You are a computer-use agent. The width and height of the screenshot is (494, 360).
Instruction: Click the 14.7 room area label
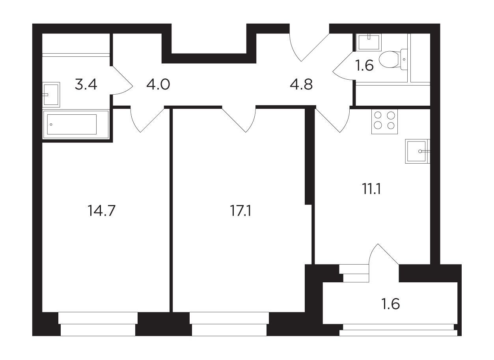click(101, 211)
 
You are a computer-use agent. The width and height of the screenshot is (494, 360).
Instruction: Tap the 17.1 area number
click(240, 211)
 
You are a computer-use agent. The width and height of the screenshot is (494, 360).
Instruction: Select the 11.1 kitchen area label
click(372, 189)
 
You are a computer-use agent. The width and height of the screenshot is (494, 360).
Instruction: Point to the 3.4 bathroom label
click(86, 84)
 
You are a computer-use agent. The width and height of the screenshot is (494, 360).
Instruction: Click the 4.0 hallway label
click(158, 84)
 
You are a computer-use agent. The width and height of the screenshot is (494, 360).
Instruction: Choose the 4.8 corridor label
click(301, 84)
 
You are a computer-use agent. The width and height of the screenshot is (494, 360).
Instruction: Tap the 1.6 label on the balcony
click(390, 304)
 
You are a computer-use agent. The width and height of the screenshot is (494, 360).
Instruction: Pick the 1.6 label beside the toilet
click(364, 65)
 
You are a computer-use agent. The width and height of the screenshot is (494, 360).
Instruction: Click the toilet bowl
click(393, 59)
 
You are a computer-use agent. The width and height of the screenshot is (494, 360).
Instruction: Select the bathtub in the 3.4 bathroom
click(76, 124)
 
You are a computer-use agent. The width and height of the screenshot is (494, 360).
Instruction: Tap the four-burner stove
click(384, 121)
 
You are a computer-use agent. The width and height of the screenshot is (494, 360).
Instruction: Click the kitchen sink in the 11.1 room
click(418, 151)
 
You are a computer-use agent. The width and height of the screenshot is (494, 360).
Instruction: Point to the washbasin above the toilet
click(369, 42)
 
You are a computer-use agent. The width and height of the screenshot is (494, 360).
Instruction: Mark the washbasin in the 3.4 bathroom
click(51, 95)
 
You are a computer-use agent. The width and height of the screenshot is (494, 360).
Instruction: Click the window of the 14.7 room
click(98, 324)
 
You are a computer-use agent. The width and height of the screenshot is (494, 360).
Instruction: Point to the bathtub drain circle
click(51, 125)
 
